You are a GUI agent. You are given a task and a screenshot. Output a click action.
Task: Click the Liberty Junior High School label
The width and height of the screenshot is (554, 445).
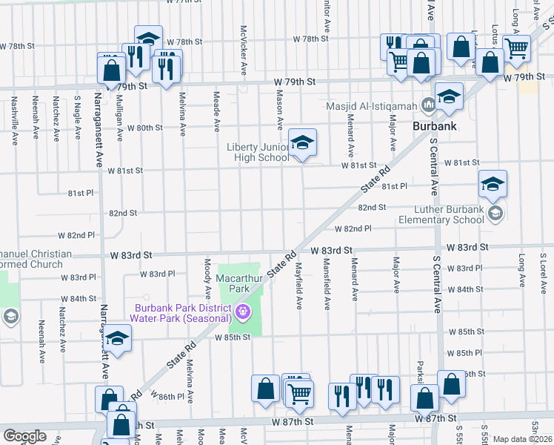(x=258, y=152)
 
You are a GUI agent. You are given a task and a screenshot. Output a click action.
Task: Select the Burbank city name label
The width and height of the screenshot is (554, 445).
(x=434, y=126)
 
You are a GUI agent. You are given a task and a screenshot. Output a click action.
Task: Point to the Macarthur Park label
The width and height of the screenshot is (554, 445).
(x=234, y=283)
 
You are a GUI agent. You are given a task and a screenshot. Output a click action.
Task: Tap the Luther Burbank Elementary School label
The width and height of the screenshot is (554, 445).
(x=441, y=214)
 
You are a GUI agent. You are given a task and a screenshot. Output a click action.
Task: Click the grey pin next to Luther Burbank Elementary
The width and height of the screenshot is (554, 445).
(x=495, y=214)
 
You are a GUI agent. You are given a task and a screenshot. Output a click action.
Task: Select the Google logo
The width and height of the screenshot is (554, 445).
(x=24, y=435)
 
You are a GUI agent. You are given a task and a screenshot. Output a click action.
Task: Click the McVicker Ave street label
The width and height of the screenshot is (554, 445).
(x=243, y=50)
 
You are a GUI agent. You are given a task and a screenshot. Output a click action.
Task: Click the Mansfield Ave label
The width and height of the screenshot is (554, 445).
(x=326, y=284)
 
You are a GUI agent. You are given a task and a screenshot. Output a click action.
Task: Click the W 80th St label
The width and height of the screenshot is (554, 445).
(x=144, y=128)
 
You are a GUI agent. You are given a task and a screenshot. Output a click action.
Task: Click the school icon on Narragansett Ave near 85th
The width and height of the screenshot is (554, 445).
(x=117, y=340)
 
